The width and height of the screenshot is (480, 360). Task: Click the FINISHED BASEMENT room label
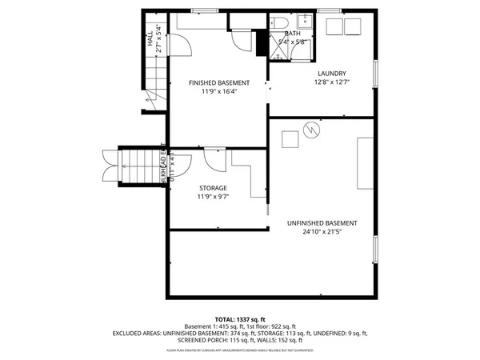(218, 82)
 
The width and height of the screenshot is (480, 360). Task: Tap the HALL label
(150, 39)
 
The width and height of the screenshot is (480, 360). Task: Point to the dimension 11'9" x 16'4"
(218, 91)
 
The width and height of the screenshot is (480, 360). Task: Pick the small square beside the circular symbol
(290, 139)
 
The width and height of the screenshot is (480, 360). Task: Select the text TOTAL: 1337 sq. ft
(239, 319)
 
